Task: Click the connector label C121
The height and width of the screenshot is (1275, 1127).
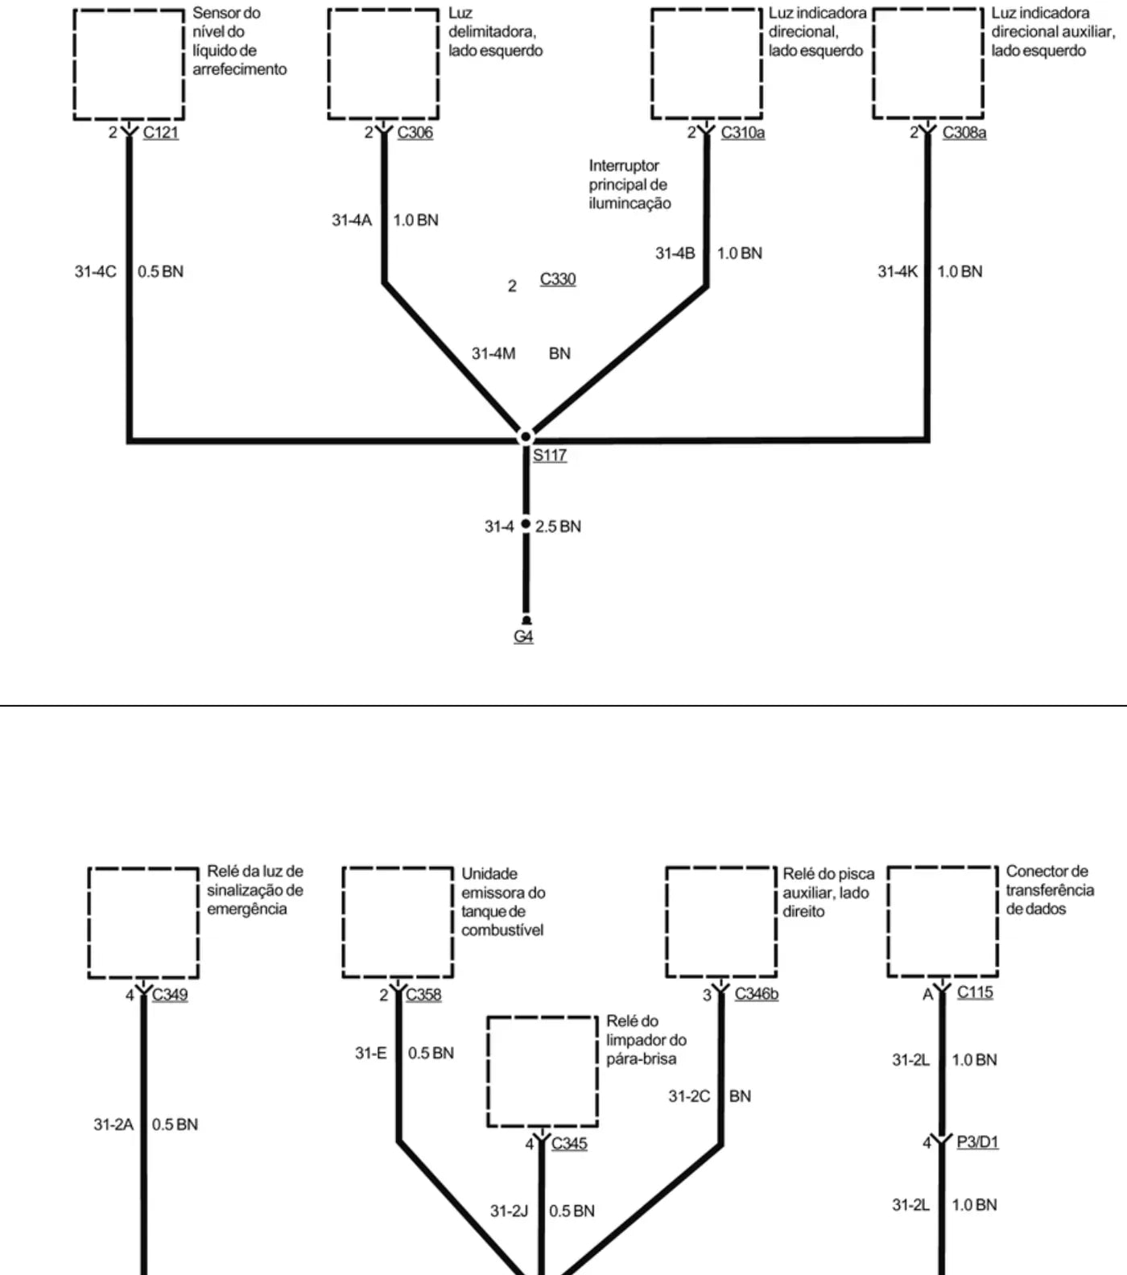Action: tap(161, 132)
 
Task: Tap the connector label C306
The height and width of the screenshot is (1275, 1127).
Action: tap(415, 132)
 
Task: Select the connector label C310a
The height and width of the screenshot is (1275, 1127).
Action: tap(743, 132)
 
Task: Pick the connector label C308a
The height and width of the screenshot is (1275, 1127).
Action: tap(964, 132)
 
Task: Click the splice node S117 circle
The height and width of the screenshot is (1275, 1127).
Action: tap(526, 437)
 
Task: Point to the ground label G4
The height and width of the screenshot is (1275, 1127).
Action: tap(523, 637)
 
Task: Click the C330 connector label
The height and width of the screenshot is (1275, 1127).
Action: tap(558, 279)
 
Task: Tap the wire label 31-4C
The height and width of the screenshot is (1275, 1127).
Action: tap(96, 271)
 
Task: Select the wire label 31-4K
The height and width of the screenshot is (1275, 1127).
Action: tap(898, 271)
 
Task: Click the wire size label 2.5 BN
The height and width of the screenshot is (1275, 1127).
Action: tap(558, 526)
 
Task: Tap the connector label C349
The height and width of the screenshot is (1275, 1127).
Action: tap(170, 994)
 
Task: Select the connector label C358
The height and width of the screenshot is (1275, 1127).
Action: tap(423, 994)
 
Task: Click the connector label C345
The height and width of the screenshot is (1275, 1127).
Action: tap(569, 1143)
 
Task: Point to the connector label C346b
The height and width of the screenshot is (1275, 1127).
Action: tap(757, 994)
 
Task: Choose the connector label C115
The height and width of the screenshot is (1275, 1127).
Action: tap(975, 992)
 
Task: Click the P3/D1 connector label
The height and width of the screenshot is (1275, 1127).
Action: tap(978, 1141)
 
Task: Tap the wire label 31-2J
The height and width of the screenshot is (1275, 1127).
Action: tap(510, 1211)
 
